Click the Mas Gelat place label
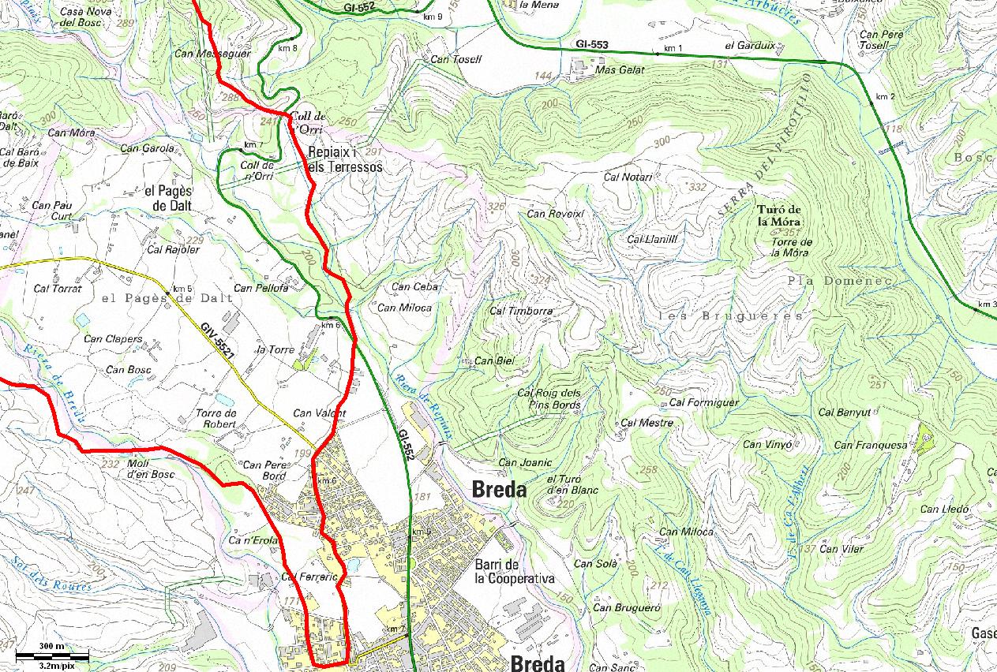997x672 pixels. coord(620,70)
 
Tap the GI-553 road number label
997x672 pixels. coord(591,45)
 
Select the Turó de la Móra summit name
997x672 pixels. coord(778,215)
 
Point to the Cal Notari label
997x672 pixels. coord(628,177)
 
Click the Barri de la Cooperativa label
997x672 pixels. coord(514,571)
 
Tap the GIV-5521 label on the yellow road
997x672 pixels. coord(219,342)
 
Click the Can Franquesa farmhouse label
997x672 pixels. coord(871,446)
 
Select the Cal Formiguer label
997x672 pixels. coord(703,403)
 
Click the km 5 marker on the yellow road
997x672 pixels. coord(182,288)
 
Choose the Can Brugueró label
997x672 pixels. coord(626,607)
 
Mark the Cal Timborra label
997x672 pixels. coord(521,311)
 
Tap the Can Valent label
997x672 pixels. coord(319,413)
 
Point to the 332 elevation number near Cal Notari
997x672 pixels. coord(697,188)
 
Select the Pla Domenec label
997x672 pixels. coord(839,281)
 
